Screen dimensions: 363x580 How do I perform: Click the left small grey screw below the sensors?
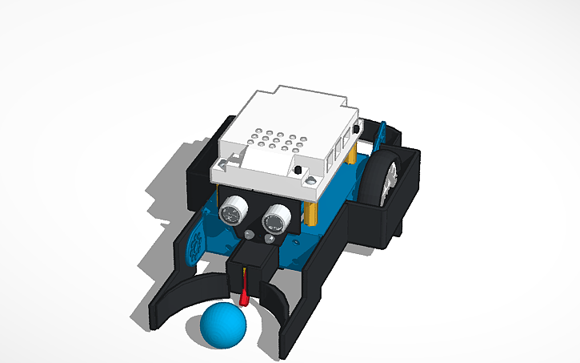pyautogui.click(x=249, y=235)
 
